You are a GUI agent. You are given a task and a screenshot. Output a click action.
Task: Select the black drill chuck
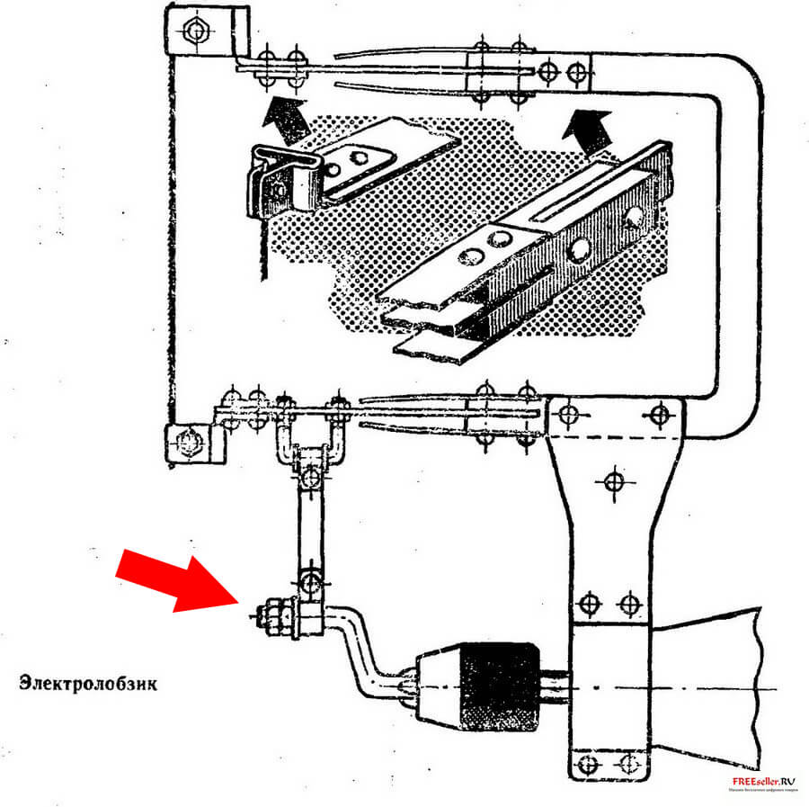tap(492, 679)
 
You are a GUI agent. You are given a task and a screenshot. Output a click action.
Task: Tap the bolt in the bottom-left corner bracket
tap(189, 442)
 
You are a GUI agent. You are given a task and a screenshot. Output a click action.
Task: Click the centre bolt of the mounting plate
tap(613, 481)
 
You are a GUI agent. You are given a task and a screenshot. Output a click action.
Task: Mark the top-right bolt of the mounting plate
tap(661, 415)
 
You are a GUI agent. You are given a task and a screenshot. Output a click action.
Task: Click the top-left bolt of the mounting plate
tap(566, 415)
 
